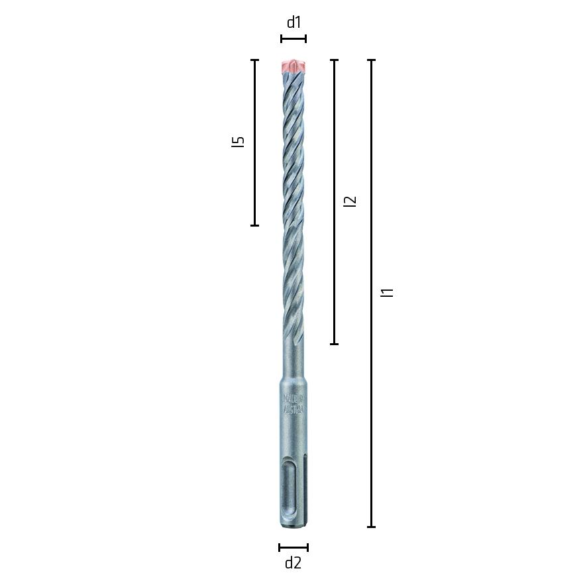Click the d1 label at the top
(x=293, y=23)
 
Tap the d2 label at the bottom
(x=293, y=563)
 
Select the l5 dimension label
(x=239, y=141)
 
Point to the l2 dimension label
(x=350, y=200)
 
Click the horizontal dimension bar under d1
(x=293, y=39)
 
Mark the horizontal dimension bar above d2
(x=293, y=547)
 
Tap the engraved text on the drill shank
(x=293, y=404)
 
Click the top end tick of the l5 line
(x=254, y=60)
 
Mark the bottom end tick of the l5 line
(x=254, y=225)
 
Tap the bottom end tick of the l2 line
(x=334, y=344)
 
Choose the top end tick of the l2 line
(x=334, y=60)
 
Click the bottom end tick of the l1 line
(x=371, y=527)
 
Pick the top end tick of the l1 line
(x=371, y=60)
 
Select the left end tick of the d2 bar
(x=280, y=547)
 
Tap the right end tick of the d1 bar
(x=305, y=39)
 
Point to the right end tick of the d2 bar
(x=307, y=547)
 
